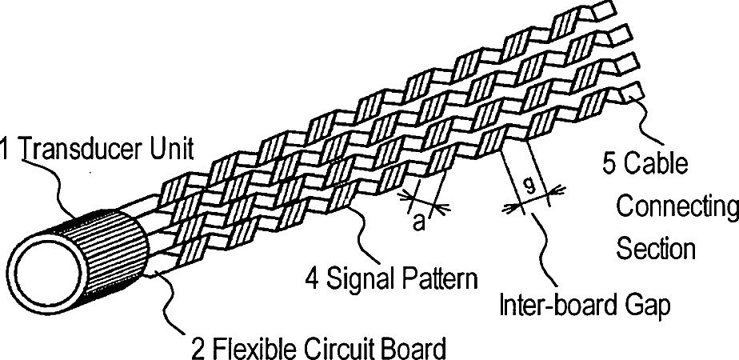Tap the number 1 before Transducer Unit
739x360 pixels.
tap(6, 149)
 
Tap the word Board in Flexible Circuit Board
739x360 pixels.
tap(413, 349)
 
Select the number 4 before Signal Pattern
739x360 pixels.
tap(314, 279)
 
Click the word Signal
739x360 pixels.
tap(358, 280)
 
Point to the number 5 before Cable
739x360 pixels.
tap(609, 166)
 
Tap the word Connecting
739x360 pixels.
tap(677, 207)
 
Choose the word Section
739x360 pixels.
tap(655, 248)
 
